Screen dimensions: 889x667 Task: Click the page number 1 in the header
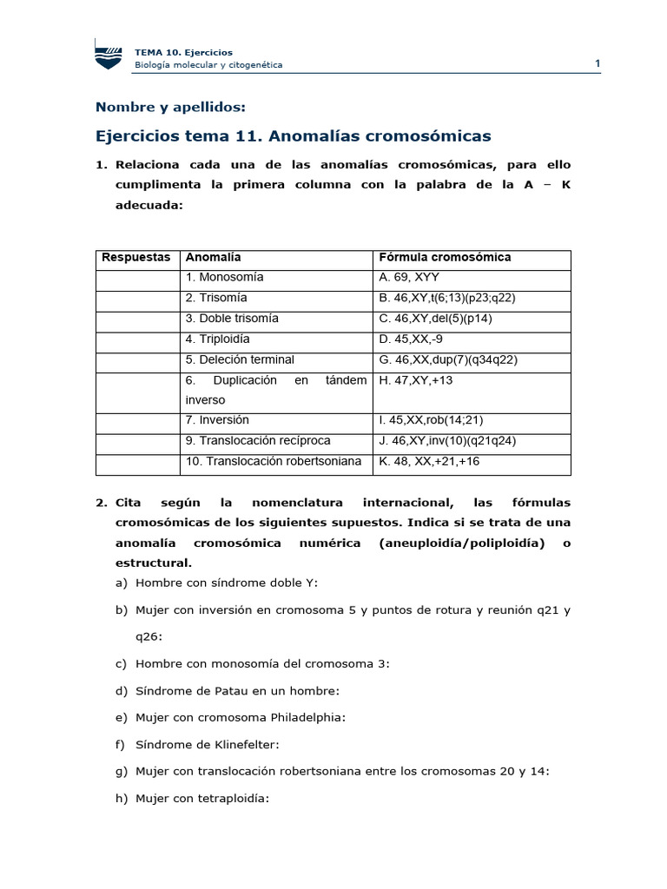(598, 63)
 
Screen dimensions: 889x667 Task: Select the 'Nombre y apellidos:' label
(170, 107)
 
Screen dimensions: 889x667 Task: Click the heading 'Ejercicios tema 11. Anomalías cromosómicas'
(293, 136)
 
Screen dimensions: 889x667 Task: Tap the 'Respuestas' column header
(136, 258)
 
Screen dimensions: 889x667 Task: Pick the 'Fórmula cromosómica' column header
(445, 258)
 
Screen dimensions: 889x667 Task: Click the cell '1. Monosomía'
(225, 278)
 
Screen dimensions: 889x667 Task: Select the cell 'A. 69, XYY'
(409, 278)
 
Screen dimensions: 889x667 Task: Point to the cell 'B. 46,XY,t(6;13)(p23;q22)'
(447, 298)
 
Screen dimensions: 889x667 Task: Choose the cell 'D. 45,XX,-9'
(411, 339)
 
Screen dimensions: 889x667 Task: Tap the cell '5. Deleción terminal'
(240, 359)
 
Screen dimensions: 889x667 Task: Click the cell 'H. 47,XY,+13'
(416, 380)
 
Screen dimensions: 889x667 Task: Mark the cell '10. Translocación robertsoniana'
(273, 461)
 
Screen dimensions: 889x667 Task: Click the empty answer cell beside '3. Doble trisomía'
(136, 319)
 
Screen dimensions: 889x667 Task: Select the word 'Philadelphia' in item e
(307, 718)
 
